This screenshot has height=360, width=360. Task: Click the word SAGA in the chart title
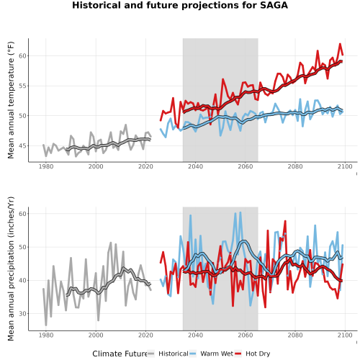click(x=274, y=5)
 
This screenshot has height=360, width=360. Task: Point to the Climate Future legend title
click(x=120, y=354)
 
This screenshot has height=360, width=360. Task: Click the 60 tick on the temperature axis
click(x=22, y=55)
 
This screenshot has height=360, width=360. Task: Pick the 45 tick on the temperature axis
click(x=22, y=145)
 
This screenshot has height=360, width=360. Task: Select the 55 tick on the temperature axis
click(x=22, y=86)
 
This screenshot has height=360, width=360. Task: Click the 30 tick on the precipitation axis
click(x=22, y=313)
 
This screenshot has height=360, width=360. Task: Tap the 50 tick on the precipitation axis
click(x=22, y=247)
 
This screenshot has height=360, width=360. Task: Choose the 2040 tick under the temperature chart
click(x=195, y=166)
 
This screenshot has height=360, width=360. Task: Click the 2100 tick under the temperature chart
click(x=345, y=166)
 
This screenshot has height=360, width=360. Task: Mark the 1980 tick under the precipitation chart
click(x=46, y=335)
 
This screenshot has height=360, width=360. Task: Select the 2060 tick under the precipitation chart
click(x=246, y=335)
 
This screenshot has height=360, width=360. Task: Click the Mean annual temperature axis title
click(x=11, y=100)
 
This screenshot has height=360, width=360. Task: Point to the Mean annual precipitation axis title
click(x=11, y=269)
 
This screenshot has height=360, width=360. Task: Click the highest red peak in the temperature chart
click(x=340, y=44)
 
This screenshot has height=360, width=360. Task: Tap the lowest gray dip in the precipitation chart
click(x=46, y=325)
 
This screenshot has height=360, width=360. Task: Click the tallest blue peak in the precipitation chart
click(x=240, y=212)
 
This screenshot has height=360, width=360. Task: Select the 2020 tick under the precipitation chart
click(x=145, y=335)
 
